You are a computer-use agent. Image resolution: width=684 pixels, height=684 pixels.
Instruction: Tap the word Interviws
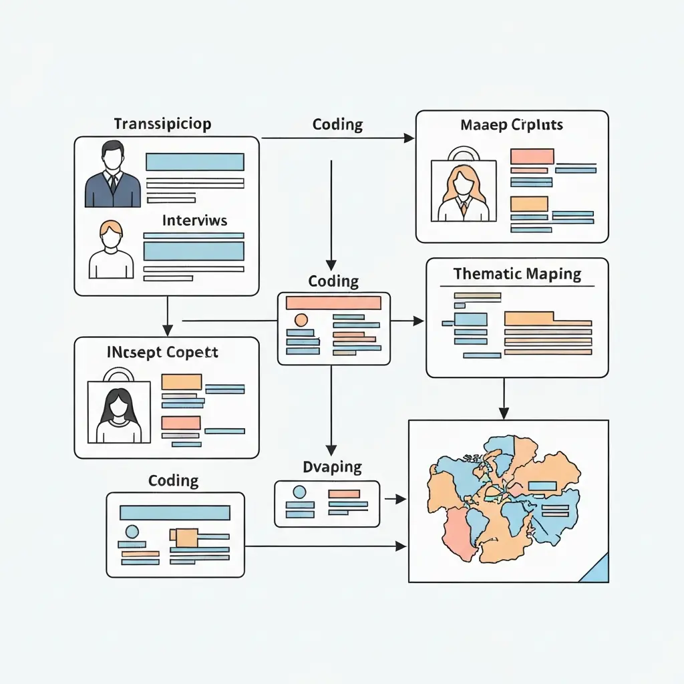(x=195, y=220)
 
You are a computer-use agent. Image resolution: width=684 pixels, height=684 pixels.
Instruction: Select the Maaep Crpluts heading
(x=512, y=125)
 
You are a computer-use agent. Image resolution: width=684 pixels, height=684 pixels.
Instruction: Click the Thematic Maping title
(x=517, y=274)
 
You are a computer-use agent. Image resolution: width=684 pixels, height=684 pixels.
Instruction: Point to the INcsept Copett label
(x=163, y=352)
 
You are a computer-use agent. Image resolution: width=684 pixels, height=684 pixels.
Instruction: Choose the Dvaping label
(x=332, y=466)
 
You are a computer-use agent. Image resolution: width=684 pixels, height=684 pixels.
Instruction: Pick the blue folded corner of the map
(x=595, y=569)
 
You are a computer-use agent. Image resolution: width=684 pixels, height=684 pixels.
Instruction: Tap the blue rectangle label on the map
(x=542, y=486)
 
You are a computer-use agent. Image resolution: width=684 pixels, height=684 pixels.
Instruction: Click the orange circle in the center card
(x=300, y=319)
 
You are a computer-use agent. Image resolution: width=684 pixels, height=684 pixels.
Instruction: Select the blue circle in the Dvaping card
(x=299, y=492)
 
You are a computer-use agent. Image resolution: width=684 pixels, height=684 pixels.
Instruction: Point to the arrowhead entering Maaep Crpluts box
(x=409, y=138)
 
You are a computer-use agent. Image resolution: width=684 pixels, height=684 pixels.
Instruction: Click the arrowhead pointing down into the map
(x=504, y=414)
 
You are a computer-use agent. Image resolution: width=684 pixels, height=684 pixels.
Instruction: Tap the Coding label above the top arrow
(x=337, y=124)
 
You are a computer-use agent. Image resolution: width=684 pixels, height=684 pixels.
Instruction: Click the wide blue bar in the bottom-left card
(x=175, y=512)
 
